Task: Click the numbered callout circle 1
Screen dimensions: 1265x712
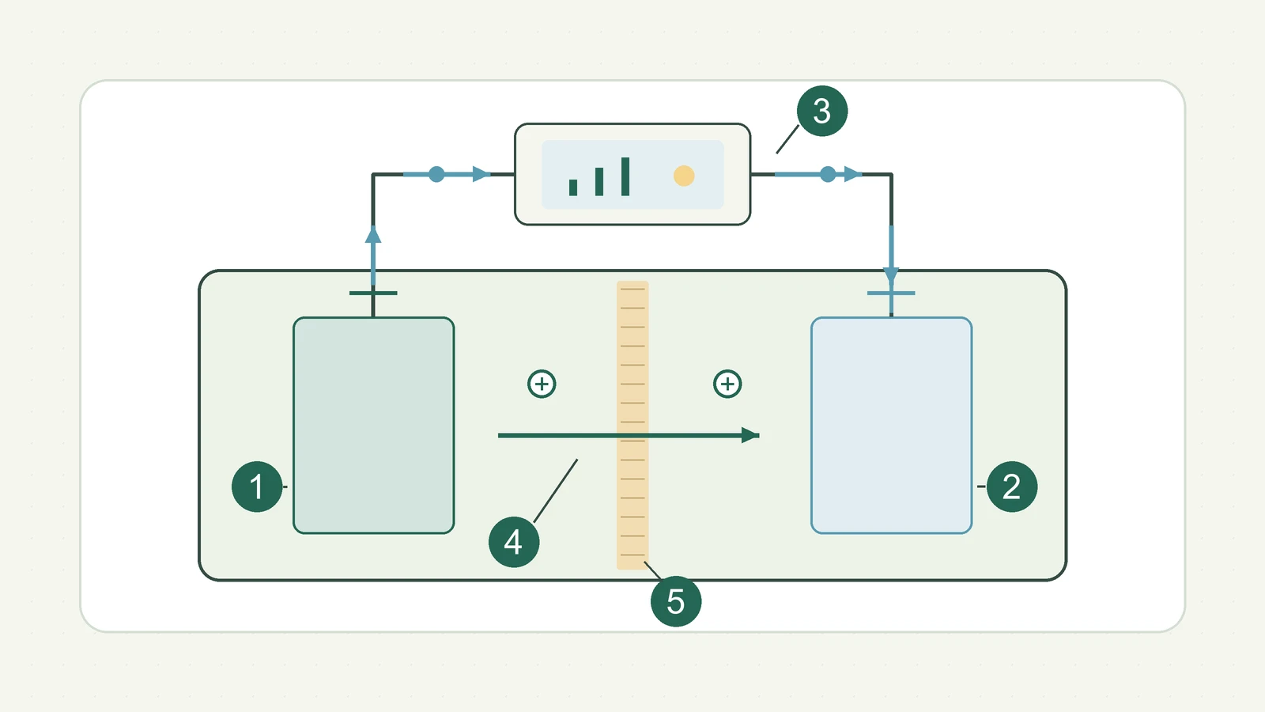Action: pos(257,487)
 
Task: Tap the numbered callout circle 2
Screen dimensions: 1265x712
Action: pos(1011,487)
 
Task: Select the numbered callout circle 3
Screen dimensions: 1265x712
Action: pos(821,111)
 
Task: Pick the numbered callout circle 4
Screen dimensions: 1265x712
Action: pos(513,542)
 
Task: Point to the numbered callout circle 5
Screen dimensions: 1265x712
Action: pos(676,601)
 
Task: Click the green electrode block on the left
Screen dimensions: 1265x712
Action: pos(373,426)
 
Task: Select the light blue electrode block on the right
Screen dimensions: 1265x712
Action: pos(891,426)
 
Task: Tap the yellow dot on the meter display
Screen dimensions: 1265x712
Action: pos(684,176)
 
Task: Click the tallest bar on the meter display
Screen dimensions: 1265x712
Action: pos(625,176)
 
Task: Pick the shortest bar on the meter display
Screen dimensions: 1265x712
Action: pos(573,187)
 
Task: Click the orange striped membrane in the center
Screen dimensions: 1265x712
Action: pos(632,425)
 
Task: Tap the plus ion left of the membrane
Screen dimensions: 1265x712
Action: pos(542,384)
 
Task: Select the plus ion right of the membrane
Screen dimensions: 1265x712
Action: pos(727,384)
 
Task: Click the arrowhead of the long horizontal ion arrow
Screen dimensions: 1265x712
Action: pos(750,435)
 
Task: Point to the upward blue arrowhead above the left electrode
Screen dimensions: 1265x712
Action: pos(372,234)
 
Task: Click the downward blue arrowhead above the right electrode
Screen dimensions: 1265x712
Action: pos(891,276)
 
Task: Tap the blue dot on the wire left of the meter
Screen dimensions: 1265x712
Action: pos(436,174)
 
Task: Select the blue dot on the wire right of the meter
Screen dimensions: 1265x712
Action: pos(828,174)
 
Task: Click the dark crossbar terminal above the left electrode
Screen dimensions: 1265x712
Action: pos(373,294)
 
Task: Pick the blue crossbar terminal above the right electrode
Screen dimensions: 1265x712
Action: pos(891,294)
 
